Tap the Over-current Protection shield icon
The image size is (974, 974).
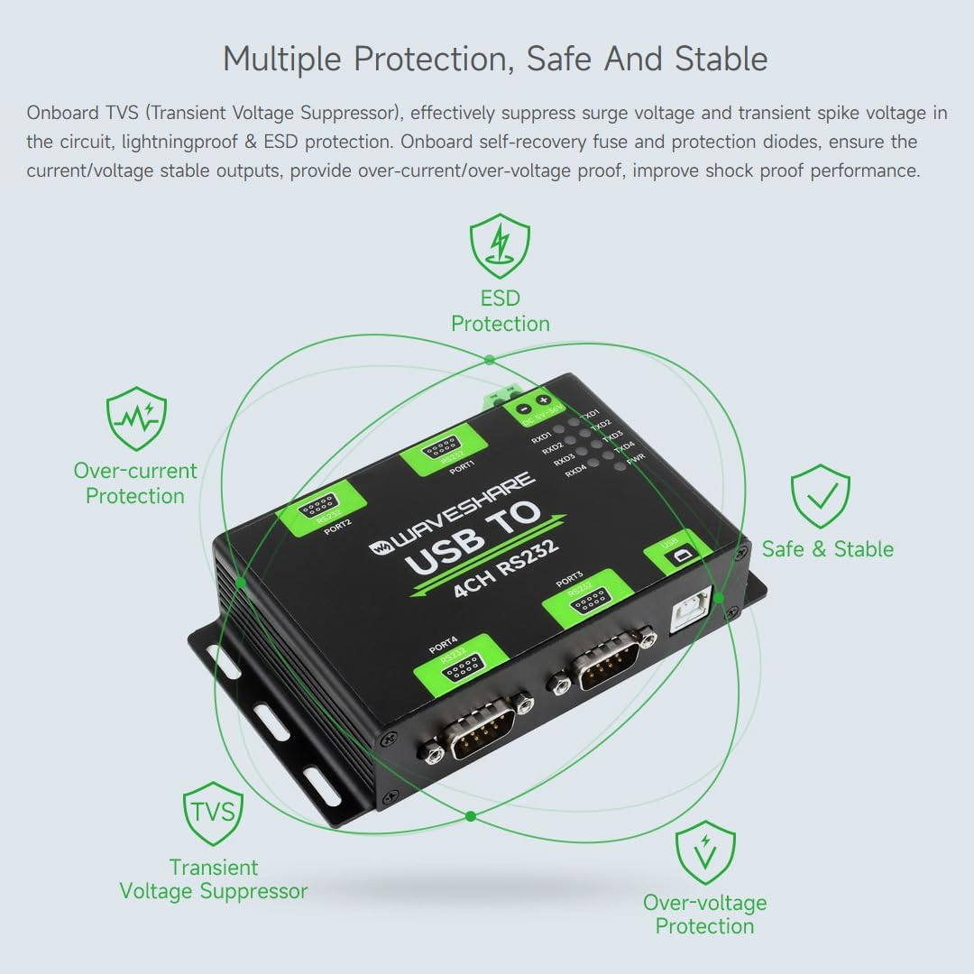(136, 419)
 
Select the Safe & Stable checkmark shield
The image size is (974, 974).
(820, 496)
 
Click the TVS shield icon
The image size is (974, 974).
(212, 813)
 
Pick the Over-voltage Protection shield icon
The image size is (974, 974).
(705, 851)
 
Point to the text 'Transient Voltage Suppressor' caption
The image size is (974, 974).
(214, 879)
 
